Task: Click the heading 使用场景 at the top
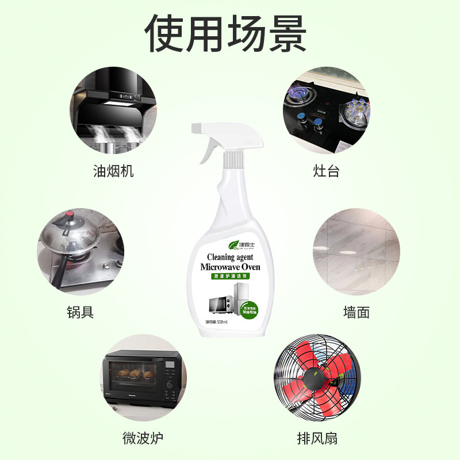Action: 230,33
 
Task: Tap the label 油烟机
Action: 113,171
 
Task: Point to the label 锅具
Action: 80,312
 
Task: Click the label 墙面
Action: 356,312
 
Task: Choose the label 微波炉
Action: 143,438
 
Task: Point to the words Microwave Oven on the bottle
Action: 230,267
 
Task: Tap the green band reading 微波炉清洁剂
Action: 230,277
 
